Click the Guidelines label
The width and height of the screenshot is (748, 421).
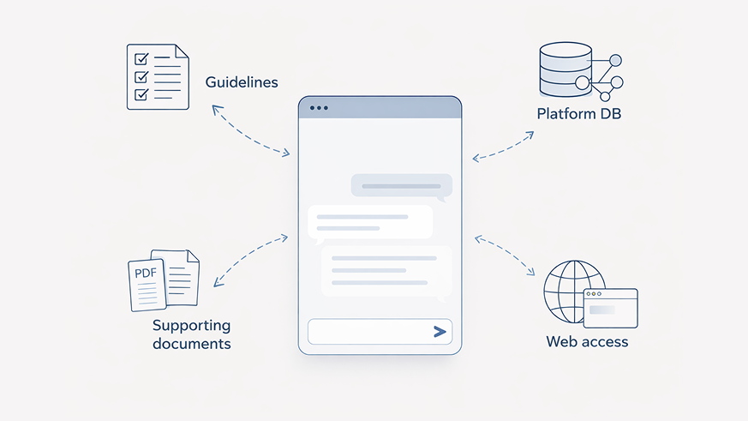point(242,83)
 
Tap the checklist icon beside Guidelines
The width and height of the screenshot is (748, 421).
point(158,77)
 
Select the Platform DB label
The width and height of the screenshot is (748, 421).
point(578,113)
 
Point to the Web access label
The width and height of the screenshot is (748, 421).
point(587,341)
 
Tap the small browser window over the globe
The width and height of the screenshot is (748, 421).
point(610,308)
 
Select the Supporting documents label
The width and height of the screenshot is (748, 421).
point(192,334)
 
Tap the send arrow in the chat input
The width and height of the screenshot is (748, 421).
point(440,332)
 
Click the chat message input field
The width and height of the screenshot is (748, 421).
point(368,332)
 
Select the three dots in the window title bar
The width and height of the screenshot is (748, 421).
point(319,108)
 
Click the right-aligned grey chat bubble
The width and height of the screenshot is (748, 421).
point(401,185)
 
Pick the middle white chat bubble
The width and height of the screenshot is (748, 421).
point(370,222)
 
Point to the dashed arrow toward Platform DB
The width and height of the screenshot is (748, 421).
point(504,145)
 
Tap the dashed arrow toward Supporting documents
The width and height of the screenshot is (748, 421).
point(250,258)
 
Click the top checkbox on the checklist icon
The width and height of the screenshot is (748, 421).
point(141,59)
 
